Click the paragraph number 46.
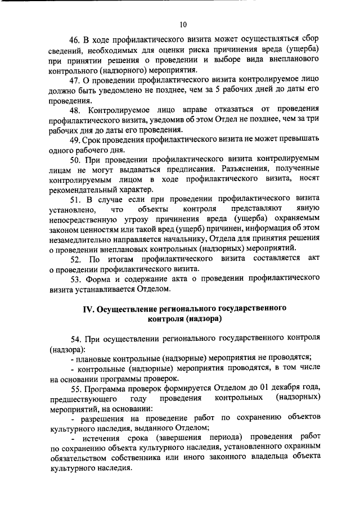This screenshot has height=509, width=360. [75, 39]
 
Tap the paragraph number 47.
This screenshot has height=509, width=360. [75, 82]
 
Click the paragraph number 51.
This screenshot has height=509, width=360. [75, 199]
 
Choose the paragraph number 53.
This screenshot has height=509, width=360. [75, 279]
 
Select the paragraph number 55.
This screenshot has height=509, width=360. [75, 388]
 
